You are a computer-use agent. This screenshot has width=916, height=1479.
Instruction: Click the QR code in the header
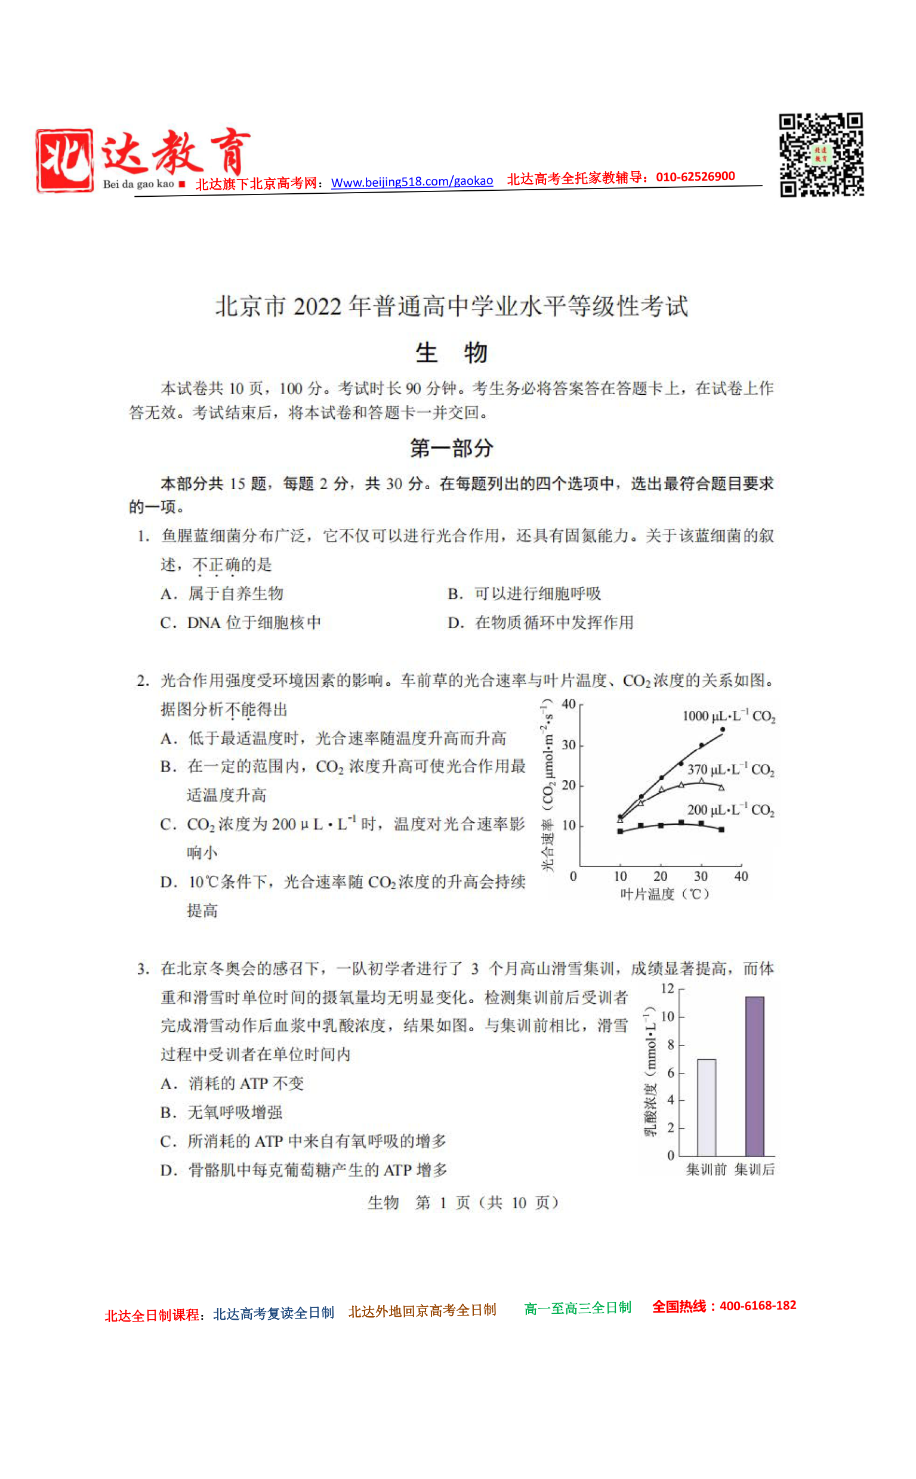821,154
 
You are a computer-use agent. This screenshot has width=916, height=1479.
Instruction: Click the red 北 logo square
64,160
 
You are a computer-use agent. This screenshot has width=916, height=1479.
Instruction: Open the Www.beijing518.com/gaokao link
412,181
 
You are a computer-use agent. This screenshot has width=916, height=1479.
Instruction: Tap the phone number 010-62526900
695,177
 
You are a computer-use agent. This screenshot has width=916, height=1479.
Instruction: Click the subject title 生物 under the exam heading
451,353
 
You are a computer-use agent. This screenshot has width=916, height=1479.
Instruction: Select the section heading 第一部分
451,448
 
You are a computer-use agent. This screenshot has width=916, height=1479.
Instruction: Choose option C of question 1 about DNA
240,623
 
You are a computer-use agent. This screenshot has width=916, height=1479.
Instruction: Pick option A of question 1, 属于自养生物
223,593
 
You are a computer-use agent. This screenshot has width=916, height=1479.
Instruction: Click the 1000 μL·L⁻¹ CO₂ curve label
729,716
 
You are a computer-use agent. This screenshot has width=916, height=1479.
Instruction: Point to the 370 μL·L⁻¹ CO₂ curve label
730,769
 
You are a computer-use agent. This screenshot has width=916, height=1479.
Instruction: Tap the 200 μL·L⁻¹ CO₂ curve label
730,809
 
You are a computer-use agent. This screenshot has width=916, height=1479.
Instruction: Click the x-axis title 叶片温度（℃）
665,894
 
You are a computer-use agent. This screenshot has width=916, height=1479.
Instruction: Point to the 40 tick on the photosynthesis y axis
568,704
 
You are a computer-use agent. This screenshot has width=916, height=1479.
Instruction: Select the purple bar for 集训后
754,1076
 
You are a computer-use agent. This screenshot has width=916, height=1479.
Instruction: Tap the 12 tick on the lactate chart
667,989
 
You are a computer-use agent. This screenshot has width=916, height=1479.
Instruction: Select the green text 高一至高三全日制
577,1308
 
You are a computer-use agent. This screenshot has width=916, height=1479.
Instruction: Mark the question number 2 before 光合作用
143,680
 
